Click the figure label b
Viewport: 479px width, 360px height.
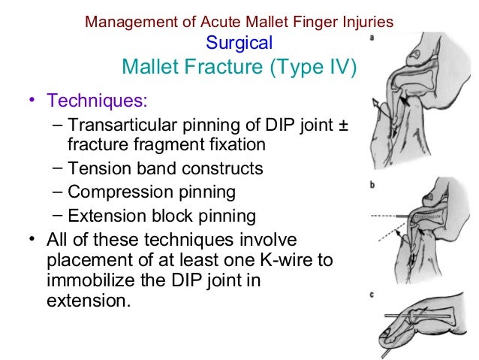pos(373,184)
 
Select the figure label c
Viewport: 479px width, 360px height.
pos(373,294)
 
